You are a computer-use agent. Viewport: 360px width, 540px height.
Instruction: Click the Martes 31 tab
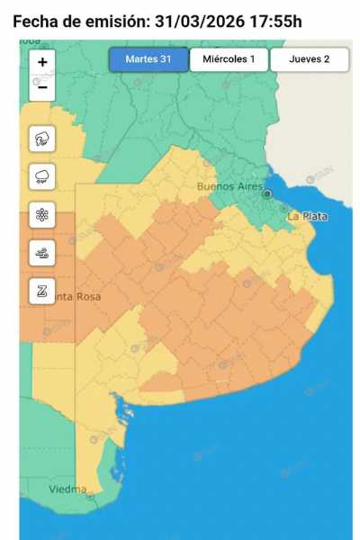tap(148, 59)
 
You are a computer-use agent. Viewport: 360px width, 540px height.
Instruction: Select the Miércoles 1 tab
tap(229, 59)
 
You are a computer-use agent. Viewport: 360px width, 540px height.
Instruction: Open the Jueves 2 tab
tap(310, 59)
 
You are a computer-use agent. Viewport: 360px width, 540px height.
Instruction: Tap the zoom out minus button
tap(42, 88)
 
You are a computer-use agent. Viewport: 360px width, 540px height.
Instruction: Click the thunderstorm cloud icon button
tap(42, 139)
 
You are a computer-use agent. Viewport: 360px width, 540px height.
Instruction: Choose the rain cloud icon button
tap(42, 177)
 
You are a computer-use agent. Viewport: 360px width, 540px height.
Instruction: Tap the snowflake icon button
tap(42, 215)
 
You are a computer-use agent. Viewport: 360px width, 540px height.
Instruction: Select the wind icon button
tap(42, 253)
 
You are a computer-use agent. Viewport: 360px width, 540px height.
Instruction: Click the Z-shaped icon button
tap(42, 291)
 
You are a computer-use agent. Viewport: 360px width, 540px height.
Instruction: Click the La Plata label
tap(307, 217)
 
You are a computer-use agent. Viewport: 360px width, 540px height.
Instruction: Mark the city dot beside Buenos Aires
tap(266, 193)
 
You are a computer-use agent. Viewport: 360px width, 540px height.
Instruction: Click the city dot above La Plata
tap(284, 209)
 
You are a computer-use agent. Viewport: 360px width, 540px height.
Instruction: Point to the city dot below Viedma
tap(90, 495)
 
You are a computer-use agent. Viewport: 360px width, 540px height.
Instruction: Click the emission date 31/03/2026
tap(209, 21)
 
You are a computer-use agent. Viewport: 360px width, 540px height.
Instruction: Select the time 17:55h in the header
tap(279, 21)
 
